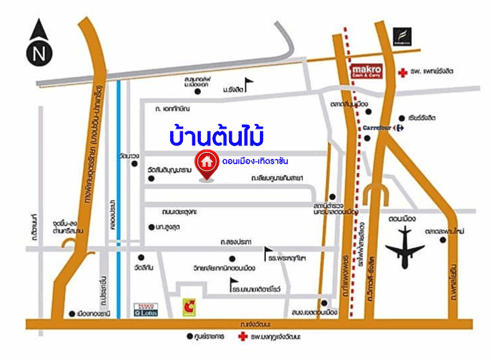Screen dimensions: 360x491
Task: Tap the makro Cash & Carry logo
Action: pos(368,70)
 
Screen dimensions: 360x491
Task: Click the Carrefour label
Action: pos(376,126)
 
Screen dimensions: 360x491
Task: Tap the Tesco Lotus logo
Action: pos(146,308)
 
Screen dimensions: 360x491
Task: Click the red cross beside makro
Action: pos(401,71)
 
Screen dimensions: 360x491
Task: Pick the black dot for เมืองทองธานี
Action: pos(72,313)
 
